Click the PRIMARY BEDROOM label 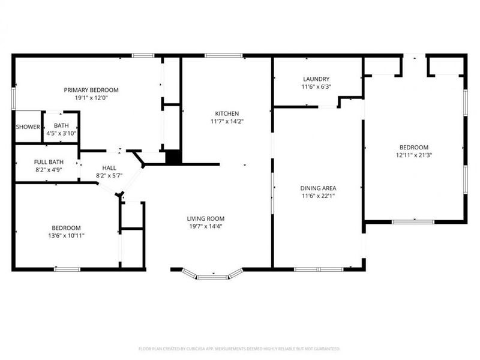click(91, 90)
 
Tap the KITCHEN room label click(227, 113)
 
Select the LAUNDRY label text click(316, 79)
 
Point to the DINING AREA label click(318, 188)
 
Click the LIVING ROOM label click(206, 218)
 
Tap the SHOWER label click(28, 127)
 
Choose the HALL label click(109, 168)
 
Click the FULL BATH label click(49, 162)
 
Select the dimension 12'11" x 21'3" click(414, 155)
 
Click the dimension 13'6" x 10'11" click(66, 236)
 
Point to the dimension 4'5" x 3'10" click(61, 133)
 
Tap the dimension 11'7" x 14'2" click(227, 122)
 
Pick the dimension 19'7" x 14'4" click(206, 227)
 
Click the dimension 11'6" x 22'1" click(318, 196)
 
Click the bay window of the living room click(213, 275)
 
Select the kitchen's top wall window click(224, 56)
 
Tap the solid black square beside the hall click(173, 157)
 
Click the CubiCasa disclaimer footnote click(239, 349)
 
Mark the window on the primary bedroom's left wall click(13, 98)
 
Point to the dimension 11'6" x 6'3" click(316, 87)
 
